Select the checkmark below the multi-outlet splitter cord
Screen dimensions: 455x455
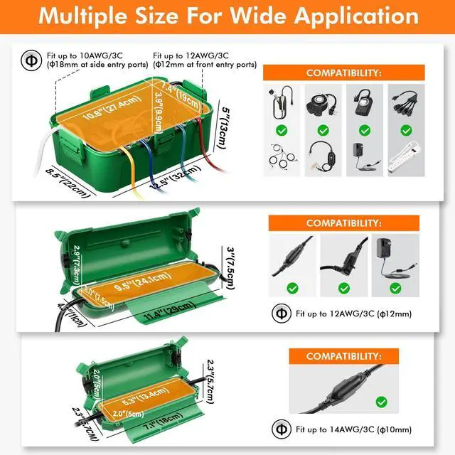[x=406, y=130]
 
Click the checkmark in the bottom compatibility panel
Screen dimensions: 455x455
[x=382, y=402]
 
